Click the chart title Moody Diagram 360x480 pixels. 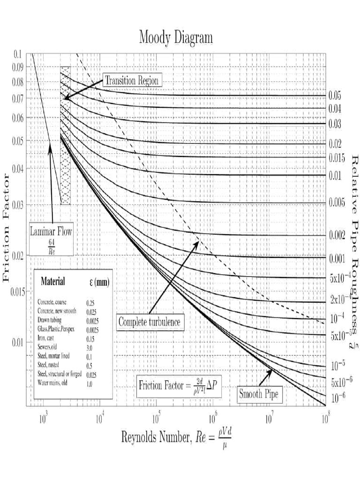[176, 37]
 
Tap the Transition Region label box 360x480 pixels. [132, 80]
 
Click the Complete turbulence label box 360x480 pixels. [149, 322]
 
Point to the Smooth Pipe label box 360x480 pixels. [259, 394]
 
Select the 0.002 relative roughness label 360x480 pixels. [337, 235]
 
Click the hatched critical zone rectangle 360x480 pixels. [65, 136]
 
